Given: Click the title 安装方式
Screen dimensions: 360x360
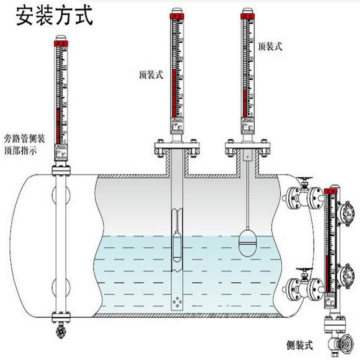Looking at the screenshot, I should tap(54, 16).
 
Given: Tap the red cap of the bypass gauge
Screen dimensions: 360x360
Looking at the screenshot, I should tap(61, 43).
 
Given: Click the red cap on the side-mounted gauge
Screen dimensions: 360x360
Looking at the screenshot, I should tap(331, 191).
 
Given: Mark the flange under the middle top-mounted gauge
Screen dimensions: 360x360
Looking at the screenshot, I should tap(175, 148).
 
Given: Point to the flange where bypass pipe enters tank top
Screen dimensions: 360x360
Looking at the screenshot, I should tap(61, 171).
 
